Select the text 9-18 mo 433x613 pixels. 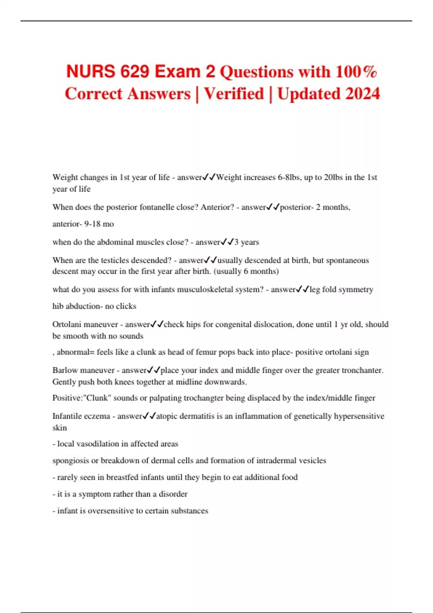(99, 224)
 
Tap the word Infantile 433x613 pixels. (66, 416)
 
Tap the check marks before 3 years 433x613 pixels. (227, 242)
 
